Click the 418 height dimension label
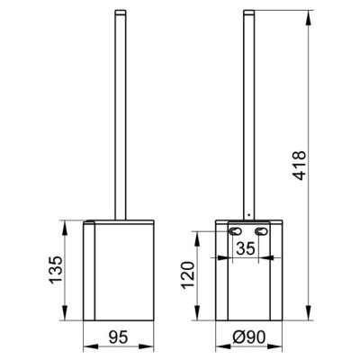click(x=300, y=166)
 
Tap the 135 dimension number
click(x=56, y=270)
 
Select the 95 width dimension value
click(x=118, y=337)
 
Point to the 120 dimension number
click(x=189, y=274)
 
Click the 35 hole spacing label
click(x=246, y=248)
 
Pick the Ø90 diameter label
click(x=249, y=337)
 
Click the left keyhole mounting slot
click(x=235, y=231)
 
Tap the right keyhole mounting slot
click(x=261, y=231)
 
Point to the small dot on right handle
click(x=248, y=215)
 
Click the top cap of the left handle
click(x=121, y=12)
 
